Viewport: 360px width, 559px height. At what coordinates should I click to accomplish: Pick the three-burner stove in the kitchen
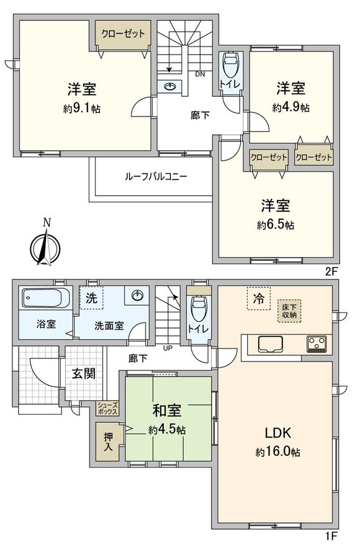pyautogui.click(x=317, y=343)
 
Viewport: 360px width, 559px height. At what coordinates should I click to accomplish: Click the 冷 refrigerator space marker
pyautogui.click(x=257, y=299)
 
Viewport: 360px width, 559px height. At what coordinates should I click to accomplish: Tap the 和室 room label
pyautogui.click(x=167, y=411)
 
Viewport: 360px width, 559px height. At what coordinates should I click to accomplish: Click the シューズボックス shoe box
pyautogui.click(x=107, y=408)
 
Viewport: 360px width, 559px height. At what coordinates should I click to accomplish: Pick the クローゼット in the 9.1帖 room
pyautogui.click(x=122, y=34)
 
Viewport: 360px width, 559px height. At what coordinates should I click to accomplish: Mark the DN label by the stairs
pyautogui.click(x=199, y=75)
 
